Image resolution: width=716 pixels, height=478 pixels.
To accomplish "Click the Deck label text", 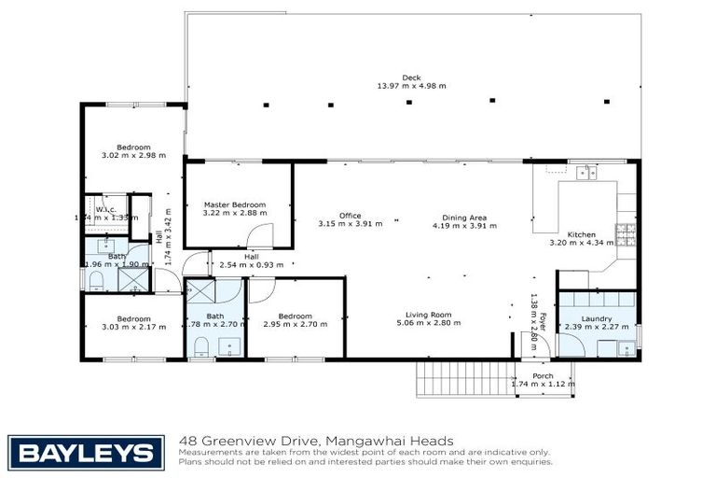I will point(411,77).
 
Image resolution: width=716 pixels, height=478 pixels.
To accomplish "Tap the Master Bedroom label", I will point(234,204).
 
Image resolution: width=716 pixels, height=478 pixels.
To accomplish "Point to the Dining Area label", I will point(464,216).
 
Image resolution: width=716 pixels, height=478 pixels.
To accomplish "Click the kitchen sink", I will point(585,172).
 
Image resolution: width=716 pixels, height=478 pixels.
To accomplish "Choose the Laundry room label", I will point(596,318).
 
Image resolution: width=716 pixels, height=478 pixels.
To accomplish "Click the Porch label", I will point(543,375).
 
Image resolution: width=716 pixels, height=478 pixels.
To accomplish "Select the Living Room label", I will point(429,315).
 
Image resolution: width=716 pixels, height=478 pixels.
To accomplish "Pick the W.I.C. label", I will point(104,209).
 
